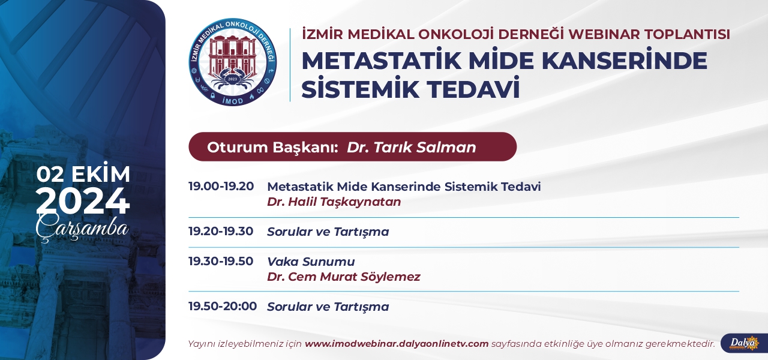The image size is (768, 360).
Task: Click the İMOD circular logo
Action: (233, 62)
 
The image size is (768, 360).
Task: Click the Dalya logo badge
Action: (744, 343)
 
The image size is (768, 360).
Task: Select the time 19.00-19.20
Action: (221, 187)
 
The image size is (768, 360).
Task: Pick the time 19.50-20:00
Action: (223, 306)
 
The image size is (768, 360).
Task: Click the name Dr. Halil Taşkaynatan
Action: (334, 202)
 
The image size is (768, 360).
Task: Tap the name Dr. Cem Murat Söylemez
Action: (344, 277)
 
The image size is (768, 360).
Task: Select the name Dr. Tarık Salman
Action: (412, 148)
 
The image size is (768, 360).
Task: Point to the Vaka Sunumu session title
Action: (311, 262)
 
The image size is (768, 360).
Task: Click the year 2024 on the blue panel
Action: (83, 201)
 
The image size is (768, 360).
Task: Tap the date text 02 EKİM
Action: (83, 173)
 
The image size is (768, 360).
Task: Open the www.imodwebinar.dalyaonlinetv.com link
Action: (397, 344)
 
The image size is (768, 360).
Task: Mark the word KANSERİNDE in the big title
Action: (620, 61)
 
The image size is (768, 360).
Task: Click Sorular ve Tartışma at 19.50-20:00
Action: (328, 307)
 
